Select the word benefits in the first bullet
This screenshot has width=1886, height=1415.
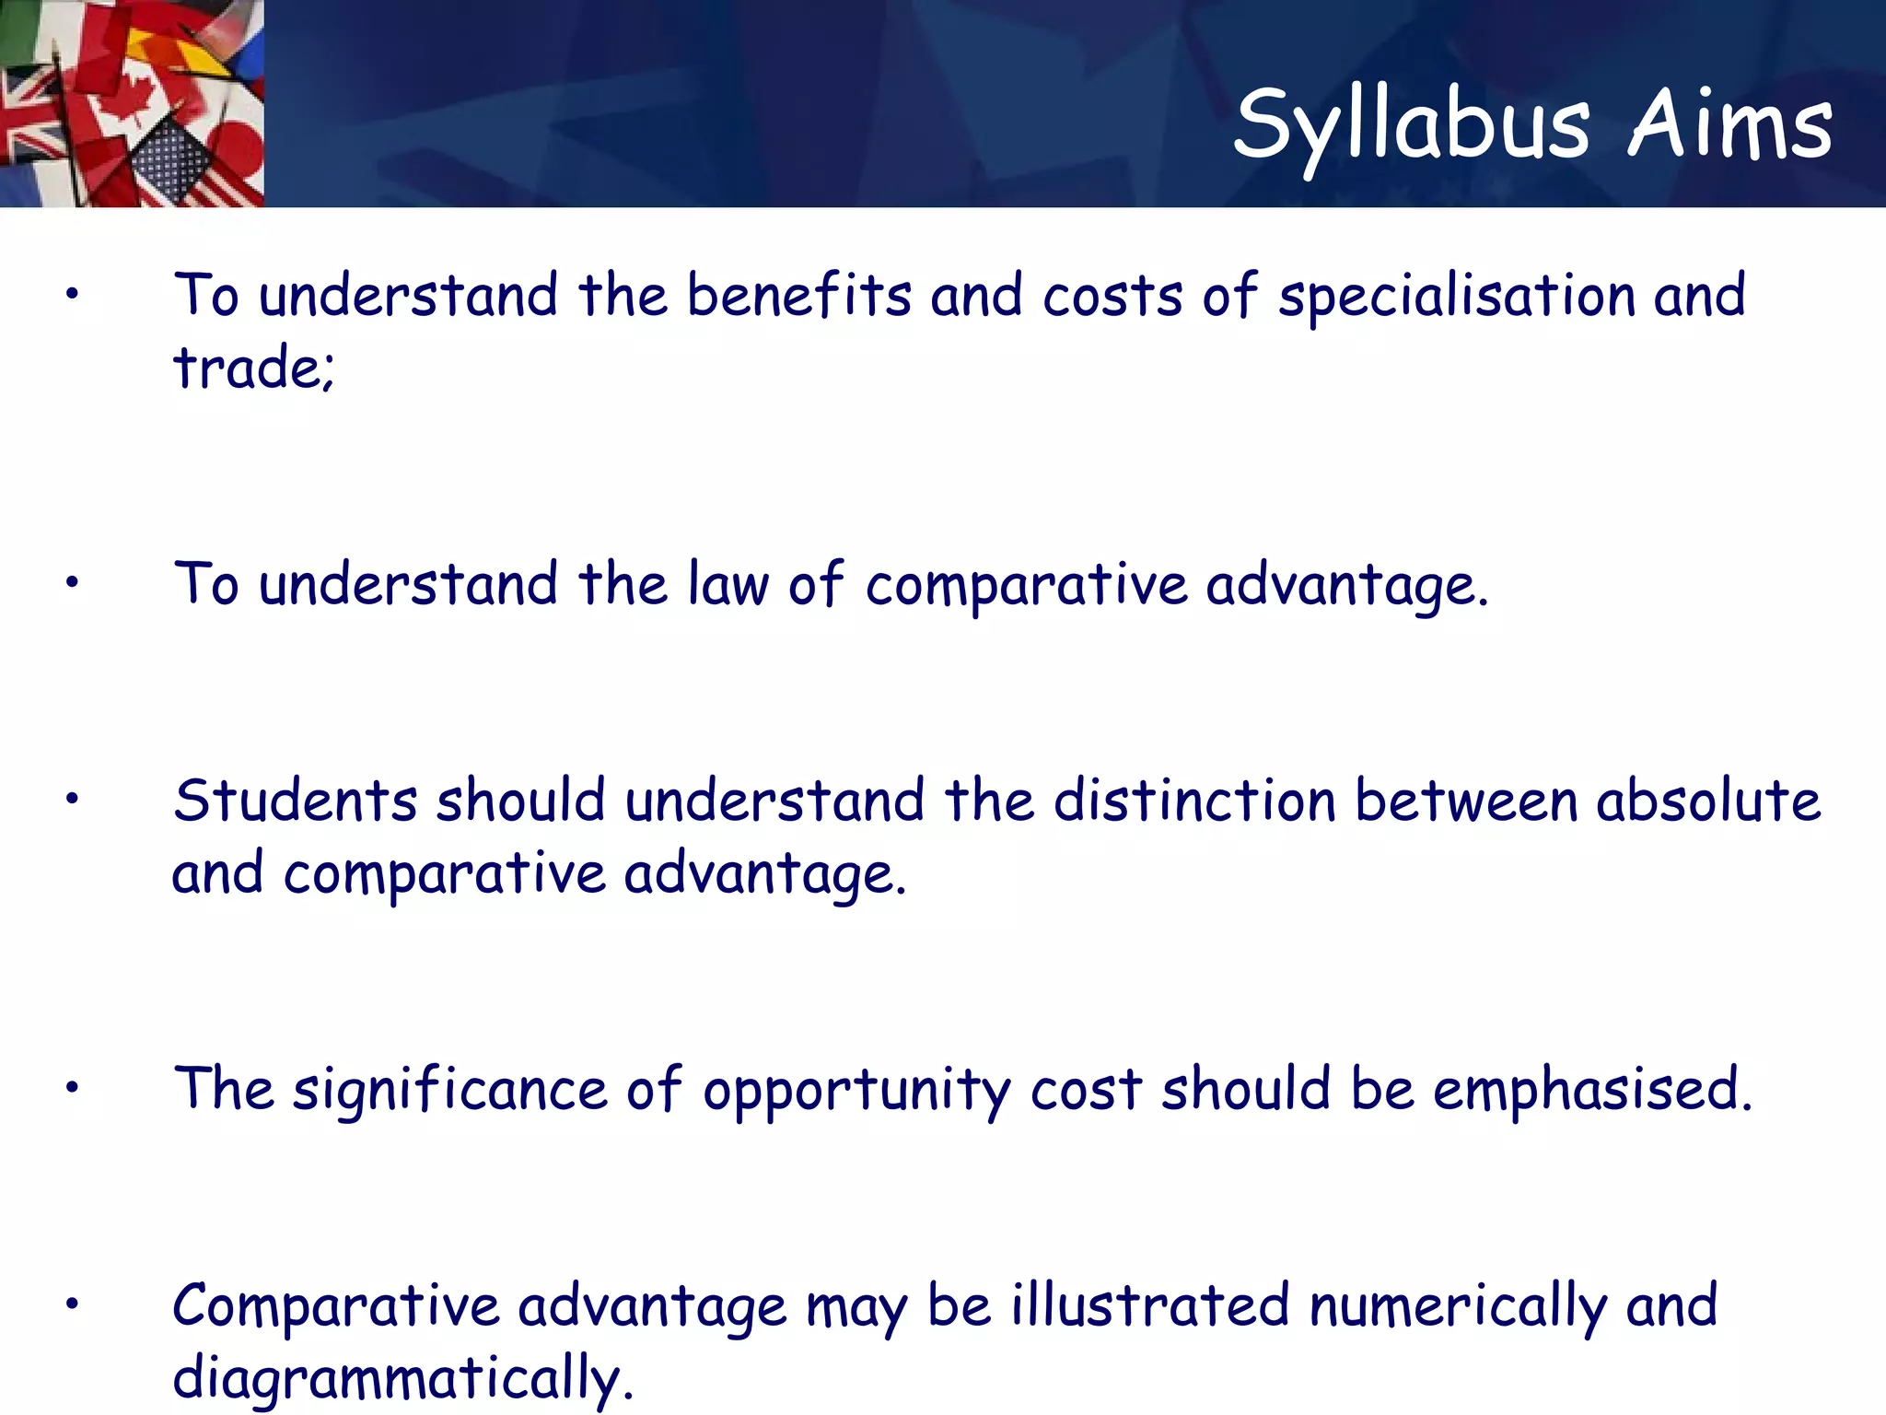(798, 296)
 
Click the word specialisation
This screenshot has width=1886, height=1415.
(1455, 298)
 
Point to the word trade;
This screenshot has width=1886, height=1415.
(253, 368)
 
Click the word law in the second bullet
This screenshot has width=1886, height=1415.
(728, 585)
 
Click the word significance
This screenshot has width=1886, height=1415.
(449, 1090)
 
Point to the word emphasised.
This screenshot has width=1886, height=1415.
(1591, 1089)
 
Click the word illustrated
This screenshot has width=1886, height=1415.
(1149, 1305)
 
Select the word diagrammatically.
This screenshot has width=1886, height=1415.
(402, 1379)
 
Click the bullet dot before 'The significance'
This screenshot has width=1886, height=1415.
(72, 1088)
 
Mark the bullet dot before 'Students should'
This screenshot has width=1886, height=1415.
(72, 799)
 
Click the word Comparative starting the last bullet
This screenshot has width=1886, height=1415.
(335, 1307)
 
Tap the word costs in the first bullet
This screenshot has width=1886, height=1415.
(1112, 298)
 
